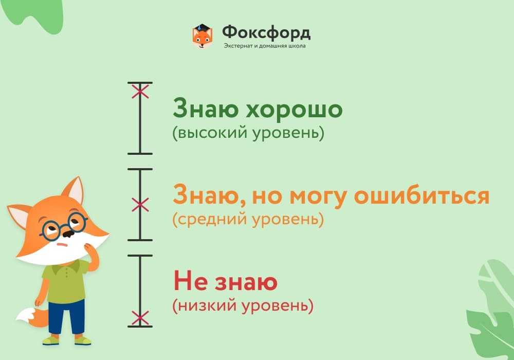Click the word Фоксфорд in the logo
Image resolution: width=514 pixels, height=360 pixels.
[x=266, y=33]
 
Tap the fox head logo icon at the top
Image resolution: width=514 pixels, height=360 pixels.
[x=202, y=35]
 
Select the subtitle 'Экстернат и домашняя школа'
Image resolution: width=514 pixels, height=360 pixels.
[x=265, y=46]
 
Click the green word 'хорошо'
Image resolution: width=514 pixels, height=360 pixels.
[x=294, y=109]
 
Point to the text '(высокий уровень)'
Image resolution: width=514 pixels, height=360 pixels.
[x=248, y=133]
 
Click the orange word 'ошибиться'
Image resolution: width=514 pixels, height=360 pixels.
[x=422, y=196]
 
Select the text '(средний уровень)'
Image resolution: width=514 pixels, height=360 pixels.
[x=248, y=220]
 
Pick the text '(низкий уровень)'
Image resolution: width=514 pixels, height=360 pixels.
[x=243, y=306]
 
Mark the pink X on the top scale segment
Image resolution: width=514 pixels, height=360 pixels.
[x=140, y=91]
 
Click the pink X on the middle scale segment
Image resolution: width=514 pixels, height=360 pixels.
[x=140, y=205]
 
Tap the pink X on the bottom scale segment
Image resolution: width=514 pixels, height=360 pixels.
[x=140, y=318]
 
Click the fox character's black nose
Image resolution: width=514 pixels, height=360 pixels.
[x=68, y=233]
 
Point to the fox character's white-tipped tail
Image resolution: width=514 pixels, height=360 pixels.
[x=32, y=317]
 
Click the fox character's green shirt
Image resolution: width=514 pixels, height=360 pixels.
[x=66, y=281]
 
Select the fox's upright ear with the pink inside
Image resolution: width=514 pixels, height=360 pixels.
[x=74, y=191]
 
